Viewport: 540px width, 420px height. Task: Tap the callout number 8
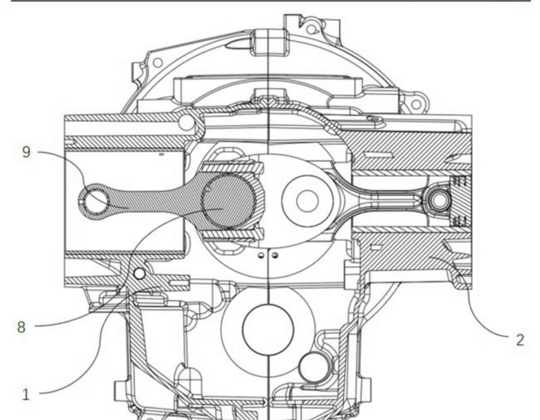tap(21, 327)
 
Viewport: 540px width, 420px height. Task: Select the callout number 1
tap(26, 394)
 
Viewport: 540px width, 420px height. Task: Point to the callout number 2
tap(520, 340)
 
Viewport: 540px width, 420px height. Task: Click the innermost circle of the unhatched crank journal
tap(307, 201)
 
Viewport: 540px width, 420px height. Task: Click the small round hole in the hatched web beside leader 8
tap(139, 274)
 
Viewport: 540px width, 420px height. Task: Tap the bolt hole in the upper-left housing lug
tap(157, 63)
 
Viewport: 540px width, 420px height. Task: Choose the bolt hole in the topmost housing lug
tap(311, 30)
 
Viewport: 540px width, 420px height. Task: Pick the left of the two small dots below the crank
tap(261, 255)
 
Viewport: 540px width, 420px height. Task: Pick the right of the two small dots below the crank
tap(275, 255)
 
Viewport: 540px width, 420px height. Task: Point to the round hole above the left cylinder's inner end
tap(187, 122)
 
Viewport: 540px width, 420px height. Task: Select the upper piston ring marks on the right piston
tap(460, 181)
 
